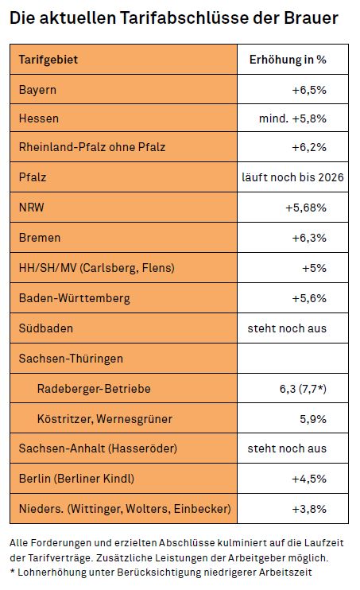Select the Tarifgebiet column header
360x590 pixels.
click(x=48, y=60)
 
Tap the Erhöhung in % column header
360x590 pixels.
click(x=288, y=60)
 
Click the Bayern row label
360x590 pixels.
click(x=37, y=90)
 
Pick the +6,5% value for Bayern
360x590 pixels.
click(x=309, y=90)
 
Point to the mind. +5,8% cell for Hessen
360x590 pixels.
click(x=292, y=118)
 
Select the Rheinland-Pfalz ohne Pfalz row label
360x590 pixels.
click(x=92, y=147)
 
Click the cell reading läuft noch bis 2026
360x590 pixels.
click(x=292, y=177)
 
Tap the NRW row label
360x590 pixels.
click(x=32, y=208)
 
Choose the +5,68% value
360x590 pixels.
click(x=306, y=208)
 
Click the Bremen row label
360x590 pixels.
click(x=40, y=238)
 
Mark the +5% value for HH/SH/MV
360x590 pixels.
click(x=314, y=268)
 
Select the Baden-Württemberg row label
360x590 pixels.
click(x=75, y=298)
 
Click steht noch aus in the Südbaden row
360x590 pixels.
click(x=287, y=328)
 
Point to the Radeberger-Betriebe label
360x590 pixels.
click(x=94, y=389)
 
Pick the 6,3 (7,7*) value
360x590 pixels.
click(x=303, y=389)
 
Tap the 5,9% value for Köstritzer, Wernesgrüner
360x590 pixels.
click(x=313, y=419)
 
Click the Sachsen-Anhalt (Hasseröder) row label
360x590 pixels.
click(x=98, y=448)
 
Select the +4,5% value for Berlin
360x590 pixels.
click(x=309, y=479)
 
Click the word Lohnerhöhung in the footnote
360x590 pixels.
click(x=66, y=573)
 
